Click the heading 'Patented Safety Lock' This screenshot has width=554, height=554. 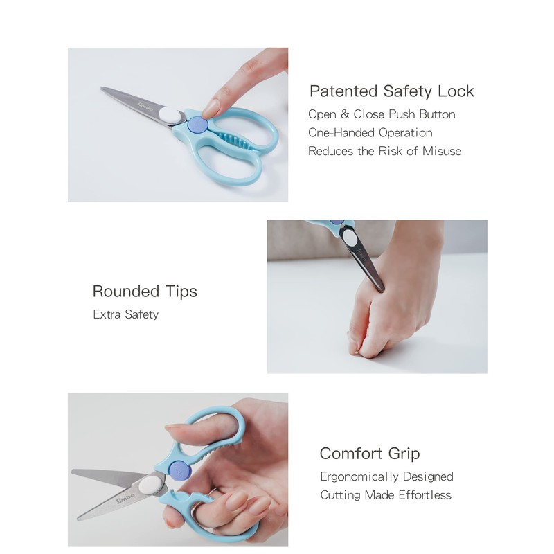click(391, 91)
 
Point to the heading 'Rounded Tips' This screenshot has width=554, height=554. click(145, 292)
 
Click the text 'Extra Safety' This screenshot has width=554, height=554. click(125, 314)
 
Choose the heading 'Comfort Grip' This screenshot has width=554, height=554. click(369, 454)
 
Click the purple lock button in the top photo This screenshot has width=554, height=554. click(197, 125)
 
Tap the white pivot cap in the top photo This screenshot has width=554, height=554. click(168, 115)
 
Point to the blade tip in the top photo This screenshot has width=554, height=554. click(104, 89)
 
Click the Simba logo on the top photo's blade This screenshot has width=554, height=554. click(143, 104)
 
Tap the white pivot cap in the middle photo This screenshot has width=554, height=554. click(350, 240)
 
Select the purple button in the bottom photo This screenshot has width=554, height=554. click(179, 468)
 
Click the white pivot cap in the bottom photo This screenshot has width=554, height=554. click(148, 484)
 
